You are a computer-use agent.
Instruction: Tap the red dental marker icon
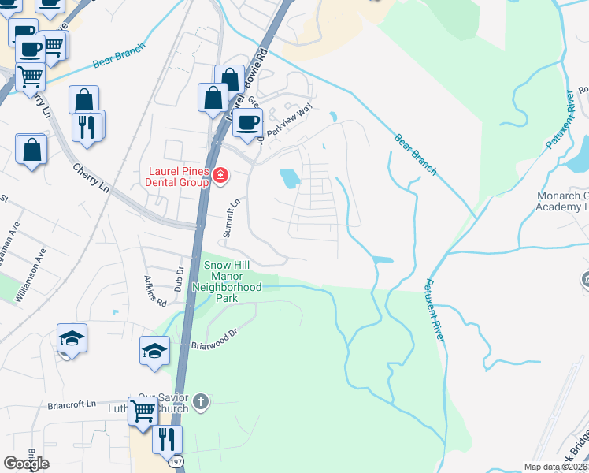click(220, 175)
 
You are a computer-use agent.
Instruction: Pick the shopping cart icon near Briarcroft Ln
click(143, 410)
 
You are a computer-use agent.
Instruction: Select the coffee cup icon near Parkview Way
click(247, 123)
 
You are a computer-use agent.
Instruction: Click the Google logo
click(26, 464)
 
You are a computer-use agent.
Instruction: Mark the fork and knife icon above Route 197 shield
click(167, 438)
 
